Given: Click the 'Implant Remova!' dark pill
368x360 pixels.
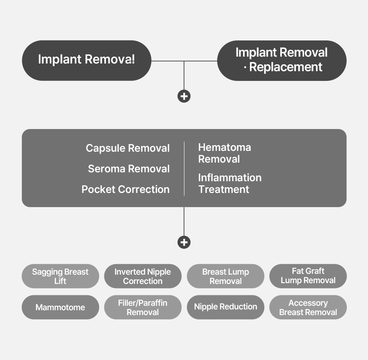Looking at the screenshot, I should (x=86, y=60).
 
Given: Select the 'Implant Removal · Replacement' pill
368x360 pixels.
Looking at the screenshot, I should (x=282, y=60).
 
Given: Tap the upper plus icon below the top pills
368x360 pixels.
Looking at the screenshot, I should (x=184, y=96).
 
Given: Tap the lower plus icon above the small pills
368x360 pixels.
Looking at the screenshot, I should (x=184, y=242).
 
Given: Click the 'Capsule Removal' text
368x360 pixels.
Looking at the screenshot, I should (x=127, y=148).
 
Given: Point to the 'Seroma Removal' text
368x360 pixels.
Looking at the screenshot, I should (x=129, y=169).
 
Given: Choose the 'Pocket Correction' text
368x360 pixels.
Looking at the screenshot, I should (x=125, y=189).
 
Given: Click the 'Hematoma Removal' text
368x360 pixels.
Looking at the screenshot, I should (x=224, y=153).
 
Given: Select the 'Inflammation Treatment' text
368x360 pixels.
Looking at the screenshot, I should (x=230, y=183).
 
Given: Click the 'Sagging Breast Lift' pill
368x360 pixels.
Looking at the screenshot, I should (x=60, y=276).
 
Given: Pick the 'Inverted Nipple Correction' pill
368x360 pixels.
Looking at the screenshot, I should (x=143, y=276).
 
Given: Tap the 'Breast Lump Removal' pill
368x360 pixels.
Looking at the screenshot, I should (x=225, y=276).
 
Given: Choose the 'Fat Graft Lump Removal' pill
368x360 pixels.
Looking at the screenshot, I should (x=308, y=276).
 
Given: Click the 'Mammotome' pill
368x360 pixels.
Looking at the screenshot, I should (x=60, y=307).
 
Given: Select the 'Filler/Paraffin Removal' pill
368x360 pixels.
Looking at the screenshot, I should (x=143, y=307).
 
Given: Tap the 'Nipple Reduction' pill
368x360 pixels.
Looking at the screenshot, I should (x=225, y=307).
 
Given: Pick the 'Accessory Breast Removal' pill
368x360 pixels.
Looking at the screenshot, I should (x=308, y=307).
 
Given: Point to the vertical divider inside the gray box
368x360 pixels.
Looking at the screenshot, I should (x=184, y=169).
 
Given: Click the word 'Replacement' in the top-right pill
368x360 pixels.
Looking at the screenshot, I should (x=286, y=67).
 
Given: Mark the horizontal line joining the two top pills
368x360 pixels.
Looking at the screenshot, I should (x=168, y=61).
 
